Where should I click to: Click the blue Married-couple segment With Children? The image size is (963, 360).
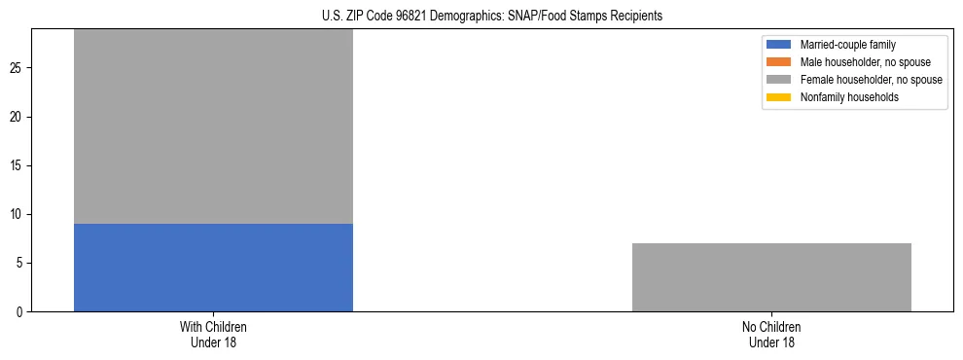(213, 268)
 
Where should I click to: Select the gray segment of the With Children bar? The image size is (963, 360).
(213, 126)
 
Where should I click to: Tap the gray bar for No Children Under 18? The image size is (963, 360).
(771, 277)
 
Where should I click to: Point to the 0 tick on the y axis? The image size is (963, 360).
(20, 312)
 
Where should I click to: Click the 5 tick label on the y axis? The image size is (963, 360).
(20, 264)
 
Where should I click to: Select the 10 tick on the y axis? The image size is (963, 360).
(18, 215)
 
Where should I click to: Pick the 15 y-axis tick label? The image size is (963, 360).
(18, 166)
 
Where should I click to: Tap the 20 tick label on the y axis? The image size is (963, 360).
(18, 118)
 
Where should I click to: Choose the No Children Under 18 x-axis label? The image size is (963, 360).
(771, 334)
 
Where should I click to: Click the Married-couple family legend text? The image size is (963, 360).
(847, 45)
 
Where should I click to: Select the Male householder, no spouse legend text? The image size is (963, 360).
(865, 62)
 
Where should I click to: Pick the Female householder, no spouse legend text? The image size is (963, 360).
(871, 80)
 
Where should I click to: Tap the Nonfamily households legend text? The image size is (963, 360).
(849, 97)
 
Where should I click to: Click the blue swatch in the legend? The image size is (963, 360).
(779, 45)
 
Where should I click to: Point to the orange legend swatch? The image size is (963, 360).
(779, 62)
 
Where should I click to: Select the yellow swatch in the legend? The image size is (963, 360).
(779, 97)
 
